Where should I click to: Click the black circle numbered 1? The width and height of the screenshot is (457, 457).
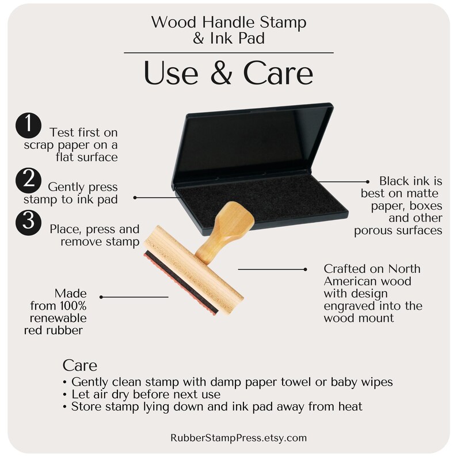pos(28,125)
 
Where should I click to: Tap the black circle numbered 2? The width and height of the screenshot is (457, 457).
pos(28,180)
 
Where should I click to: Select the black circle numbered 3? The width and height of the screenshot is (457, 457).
pos(28,222)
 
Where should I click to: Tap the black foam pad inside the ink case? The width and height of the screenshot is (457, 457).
pos(260,204)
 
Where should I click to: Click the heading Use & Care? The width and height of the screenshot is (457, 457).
pos(228,73)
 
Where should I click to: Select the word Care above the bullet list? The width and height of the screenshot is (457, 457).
pos(79,365)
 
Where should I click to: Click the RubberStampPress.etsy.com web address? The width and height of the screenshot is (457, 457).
pos(238,438)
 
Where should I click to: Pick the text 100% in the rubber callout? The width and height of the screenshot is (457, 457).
pos(73,306)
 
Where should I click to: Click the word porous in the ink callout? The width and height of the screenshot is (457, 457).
pos(371,231)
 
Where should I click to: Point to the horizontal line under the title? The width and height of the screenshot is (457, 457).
pos(228,53)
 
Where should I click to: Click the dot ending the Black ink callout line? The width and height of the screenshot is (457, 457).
pos(368,181)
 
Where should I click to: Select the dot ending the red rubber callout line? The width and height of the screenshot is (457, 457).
pos(101,297)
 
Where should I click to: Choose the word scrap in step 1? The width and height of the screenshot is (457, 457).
pos(40,145)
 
